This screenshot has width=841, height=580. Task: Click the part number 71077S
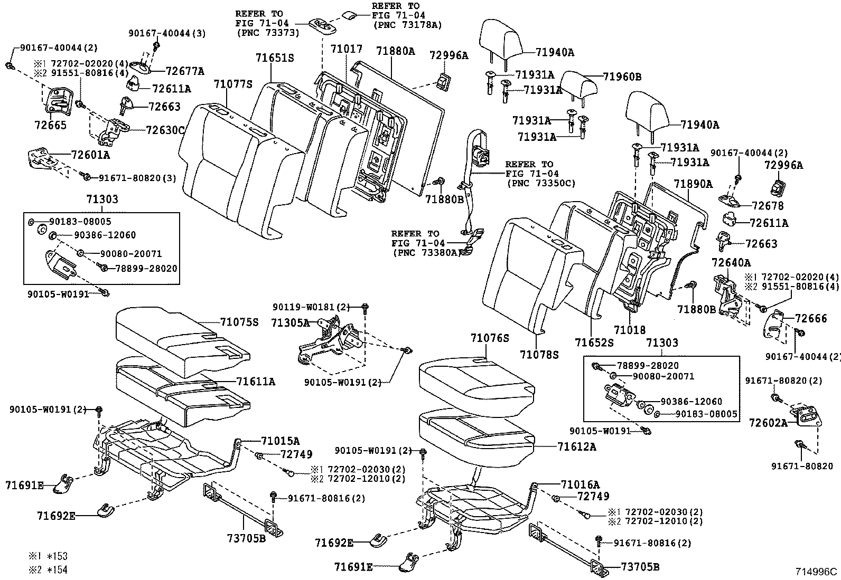pyautogui.click(x=233, y=84)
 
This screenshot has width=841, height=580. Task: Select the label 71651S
pyautogui.click(x=275, y=58)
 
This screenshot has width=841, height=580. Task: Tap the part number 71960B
pyautogui.click(x=622, y=77)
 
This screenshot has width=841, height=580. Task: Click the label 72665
pyautogui.click(x=51, y=126)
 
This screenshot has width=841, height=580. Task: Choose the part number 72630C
pyautogui.click(x=165, y=130)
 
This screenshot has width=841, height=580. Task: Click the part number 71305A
pyautogui.click(x=291, y=322)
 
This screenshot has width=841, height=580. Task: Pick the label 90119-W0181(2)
pyautogui.click(x=312, y=307)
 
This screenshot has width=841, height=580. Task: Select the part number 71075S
pyautogui.click(x=239, y=322)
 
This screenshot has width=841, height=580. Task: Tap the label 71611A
pyautogui.click(x=256, y=381)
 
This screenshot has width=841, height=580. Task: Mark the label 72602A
pyautogui.click(x=768, y=423)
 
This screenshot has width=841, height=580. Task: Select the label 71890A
pyautogui.click(x=693, y=184)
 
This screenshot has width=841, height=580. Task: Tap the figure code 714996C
pyautogui.click(x=817, y=572)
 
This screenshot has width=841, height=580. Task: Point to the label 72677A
pyautogui.click(x=185, y=71)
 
